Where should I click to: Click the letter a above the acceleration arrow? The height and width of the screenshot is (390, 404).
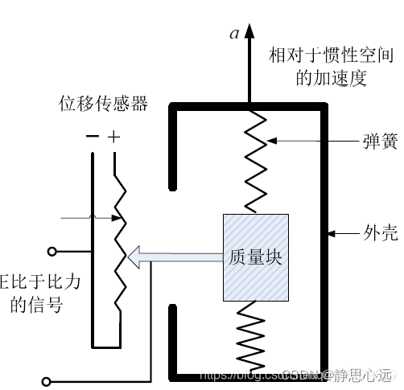click(x=234, y=33)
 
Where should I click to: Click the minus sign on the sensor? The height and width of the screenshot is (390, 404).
click(x=93, y=138)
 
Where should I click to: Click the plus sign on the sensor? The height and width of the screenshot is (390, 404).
click(x=114, y=138)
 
